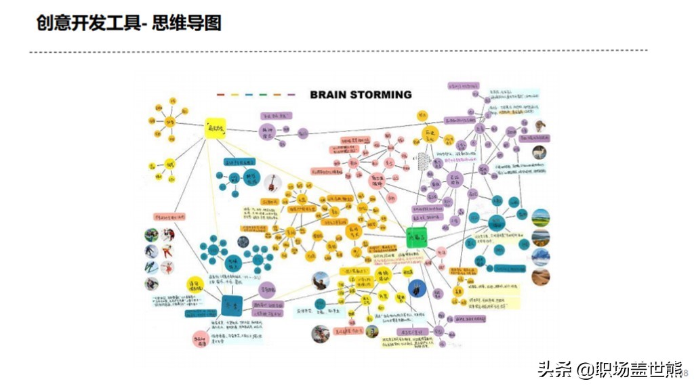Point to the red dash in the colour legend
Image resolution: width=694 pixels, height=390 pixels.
[220, 95]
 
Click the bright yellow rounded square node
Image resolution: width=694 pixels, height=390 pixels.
[216, 128]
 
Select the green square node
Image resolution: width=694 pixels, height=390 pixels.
[415, 238]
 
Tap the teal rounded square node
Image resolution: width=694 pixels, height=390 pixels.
[232, 305]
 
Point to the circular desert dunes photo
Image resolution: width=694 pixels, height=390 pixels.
[540, 277]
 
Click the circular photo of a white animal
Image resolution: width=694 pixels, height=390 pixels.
[539, 152]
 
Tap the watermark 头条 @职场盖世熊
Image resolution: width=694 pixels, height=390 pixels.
[609, 370]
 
